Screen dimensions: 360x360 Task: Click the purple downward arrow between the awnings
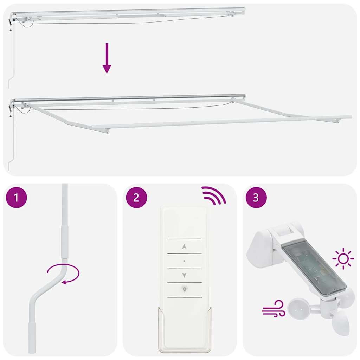pos(107,58)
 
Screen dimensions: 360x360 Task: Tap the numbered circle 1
pos(16,198)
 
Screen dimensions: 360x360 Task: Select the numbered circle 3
pos(256,198)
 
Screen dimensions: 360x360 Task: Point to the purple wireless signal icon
pos(213,195)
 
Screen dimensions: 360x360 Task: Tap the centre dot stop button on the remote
pos(184,261)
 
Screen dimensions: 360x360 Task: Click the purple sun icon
pos(343,259)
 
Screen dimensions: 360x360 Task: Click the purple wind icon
pos(274,309)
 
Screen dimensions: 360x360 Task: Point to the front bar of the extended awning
pos(221,122)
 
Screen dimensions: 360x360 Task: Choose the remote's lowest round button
pos(184,289)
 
